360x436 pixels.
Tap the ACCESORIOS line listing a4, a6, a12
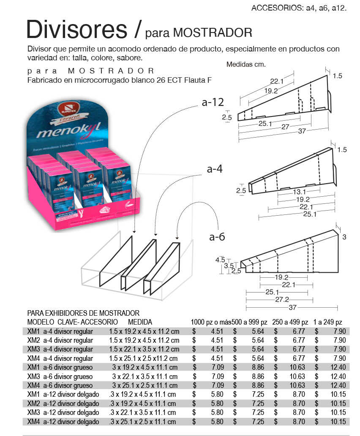pyautogui.click(x=299, y=8)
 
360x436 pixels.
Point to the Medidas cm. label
pyautogui.click(x=245, y=65)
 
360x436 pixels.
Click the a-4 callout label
pyautogui.click(x=215, y=169)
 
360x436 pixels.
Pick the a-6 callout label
pyautogui.click(x=217, y=236)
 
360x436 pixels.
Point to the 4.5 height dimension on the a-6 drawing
pyautogui.click(x=220, y=260)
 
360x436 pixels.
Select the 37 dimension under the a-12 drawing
pyautogui.click(x=302, y=131)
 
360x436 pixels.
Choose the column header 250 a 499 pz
pyautogui.click(x=290, y=322)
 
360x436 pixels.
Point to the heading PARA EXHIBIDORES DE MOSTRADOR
pyautogui.click(x=83, y=313)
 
